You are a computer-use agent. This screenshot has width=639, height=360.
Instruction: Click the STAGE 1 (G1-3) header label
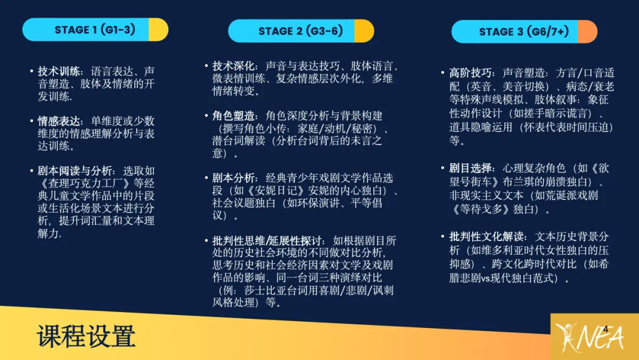(x=95, y=30)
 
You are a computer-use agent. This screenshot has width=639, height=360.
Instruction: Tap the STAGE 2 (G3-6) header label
(x=301, y=31)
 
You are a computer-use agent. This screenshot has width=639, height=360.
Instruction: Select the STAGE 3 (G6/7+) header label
(x=524, y=31)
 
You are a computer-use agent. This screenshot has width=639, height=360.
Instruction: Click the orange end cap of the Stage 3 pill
(x=588, y=31)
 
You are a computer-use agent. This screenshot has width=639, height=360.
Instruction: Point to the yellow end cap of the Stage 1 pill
(x=158, y=30)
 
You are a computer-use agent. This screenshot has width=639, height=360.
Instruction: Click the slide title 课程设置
(x=86, y=336)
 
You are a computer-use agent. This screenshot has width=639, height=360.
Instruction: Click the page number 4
(x=606, y=329)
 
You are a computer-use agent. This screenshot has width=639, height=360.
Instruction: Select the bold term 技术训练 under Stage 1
(x=59, y=72)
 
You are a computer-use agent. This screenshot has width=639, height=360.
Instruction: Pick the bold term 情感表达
(x=59, y=121)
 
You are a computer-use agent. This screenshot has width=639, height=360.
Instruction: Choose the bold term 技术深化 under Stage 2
(x=234, y=66)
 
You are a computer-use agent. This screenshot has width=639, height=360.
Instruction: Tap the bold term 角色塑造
(x=234, y=116)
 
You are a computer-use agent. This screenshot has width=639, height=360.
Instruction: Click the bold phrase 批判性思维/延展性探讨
(x=267, y=240)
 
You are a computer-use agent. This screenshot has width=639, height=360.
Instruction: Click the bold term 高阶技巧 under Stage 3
(x=471, y=73)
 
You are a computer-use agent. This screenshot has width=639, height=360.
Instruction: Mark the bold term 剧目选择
(x=471, y=168)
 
